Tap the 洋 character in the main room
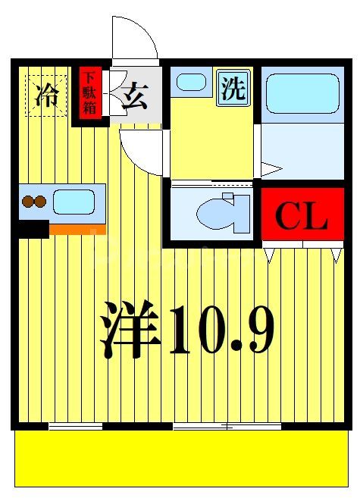click(x=131, y=331)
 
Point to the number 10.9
click(x=221, y=331)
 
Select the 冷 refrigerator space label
click(x=47, y=96)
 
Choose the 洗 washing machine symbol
click(x=233, y=89)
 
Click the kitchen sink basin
click(x=73, y=202)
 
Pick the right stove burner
click(x=41, y=202)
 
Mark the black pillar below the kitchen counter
click(x=33, y=228)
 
